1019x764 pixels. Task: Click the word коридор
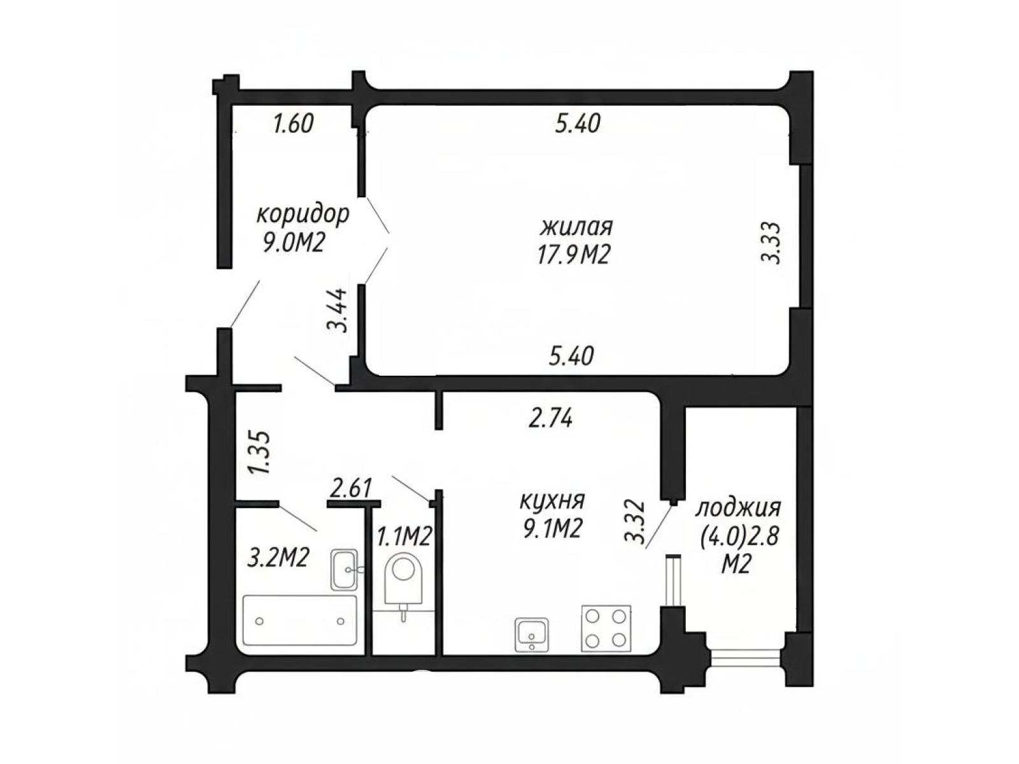click(303, 215)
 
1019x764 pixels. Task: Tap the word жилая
click(576, 227)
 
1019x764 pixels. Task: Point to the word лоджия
click(738, 509)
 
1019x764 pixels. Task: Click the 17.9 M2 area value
click(573, 255)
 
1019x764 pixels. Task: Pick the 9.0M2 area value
click(293, 243)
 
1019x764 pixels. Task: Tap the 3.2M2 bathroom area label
click(278, 558)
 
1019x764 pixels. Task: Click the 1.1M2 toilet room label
click(404, 537)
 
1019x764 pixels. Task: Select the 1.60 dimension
click(294, 124)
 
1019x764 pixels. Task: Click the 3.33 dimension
click(771, 243)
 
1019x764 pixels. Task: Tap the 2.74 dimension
click(550, 417)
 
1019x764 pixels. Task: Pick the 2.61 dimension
click(352, 488)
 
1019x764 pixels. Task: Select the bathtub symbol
click(300, 620)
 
